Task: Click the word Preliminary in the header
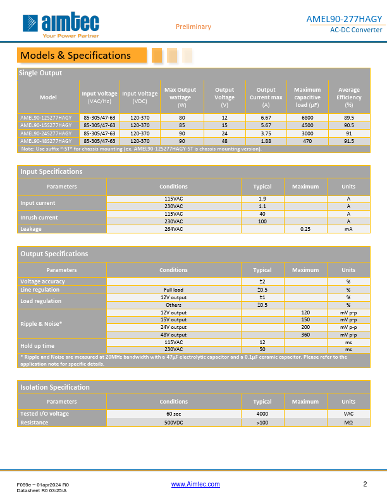[x=193, y=27]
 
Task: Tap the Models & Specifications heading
[x=76, y=55]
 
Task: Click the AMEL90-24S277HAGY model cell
[x=46, y=133]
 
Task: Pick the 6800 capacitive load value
[x=307, y=118]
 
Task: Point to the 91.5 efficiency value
[x=349, y=141]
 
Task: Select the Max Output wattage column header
[x=180, y=97]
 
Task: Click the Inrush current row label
[x=39, y=218]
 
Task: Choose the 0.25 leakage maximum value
[x=305, y=229]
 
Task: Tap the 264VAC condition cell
[x=173, y=229]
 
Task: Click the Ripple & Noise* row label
[x=41, y=323]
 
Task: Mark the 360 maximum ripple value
[x=305, y=335]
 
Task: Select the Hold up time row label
[x=37, y=345]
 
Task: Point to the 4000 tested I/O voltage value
[x=262, y=414]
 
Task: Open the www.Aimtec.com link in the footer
[x=196, y=484]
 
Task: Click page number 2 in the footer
[x=365, y=484]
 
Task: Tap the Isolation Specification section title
[x=55, y=387]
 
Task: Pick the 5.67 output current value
[x=266, y=125]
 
